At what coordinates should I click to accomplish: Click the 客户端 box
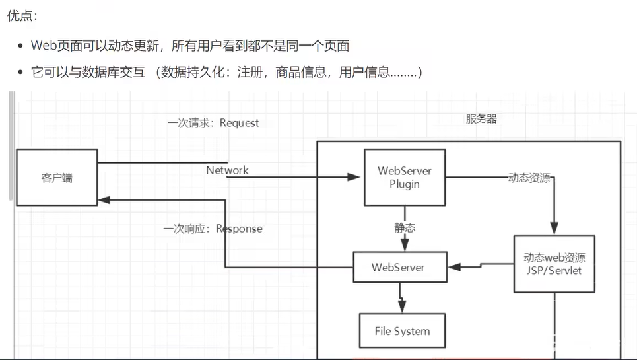coord(56,177)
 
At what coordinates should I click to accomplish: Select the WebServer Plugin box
coord(404,177)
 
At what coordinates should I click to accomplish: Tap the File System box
coord(402,331)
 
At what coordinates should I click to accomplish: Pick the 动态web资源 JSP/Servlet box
coord(554,264)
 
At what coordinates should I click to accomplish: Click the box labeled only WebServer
coord(398,268)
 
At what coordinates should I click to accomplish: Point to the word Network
coord(227,170)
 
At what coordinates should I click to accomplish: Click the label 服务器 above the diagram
coord(481,119)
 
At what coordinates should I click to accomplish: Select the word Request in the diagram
coord(239,123)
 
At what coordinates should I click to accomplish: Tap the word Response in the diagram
coord(239,229)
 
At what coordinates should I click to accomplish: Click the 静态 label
coord(405,228)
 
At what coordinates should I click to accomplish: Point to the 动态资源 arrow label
coord(528,178)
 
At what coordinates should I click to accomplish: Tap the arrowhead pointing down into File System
coord(401,308)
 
